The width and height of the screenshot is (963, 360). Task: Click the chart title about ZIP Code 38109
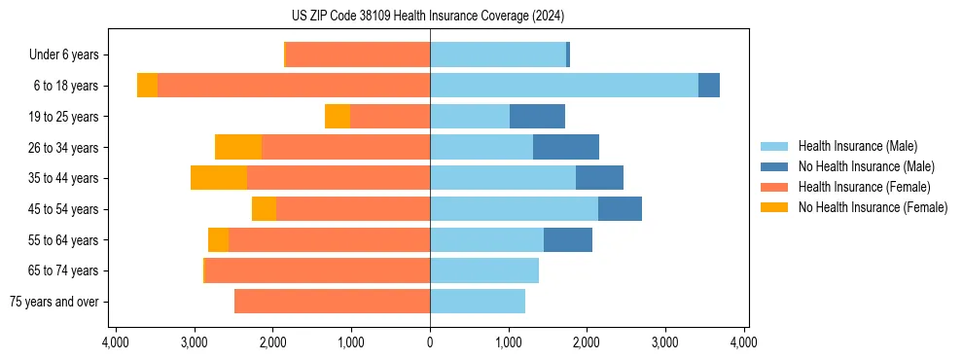point(429,17)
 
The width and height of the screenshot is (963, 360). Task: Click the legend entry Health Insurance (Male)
point(857,146)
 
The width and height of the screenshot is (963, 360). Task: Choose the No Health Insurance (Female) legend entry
point(873,207)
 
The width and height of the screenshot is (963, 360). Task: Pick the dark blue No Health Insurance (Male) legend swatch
point(774,166)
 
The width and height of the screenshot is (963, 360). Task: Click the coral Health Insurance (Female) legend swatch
point(774,187)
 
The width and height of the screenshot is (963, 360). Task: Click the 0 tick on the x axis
point(430,342)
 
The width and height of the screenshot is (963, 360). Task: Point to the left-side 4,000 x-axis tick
point(116,342)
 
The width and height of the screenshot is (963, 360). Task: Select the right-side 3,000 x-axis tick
point(665,342)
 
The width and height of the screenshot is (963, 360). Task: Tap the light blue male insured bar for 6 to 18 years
point(564,86)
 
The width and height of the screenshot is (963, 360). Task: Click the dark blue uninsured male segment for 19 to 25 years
point(537,117)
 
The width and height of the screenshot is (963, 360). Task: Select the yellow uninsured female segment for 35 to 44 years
point(219,178)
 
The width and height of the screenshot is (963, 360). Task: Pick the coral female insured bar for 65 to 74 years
point(317,270)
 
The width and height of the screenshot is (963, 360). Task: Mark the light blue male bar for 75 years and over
point(478,302)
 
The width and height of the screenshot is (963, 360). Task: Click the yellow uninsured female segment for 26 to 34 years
point(238,147)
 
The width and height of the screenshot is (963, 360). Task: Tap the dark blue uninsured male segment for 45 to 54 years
point(620,209)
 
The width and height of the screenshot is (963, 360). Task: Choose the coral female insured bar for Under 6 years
point(358,55)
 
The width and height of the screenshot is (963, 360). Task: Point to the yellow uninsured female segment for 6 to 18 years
point(147,86)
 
